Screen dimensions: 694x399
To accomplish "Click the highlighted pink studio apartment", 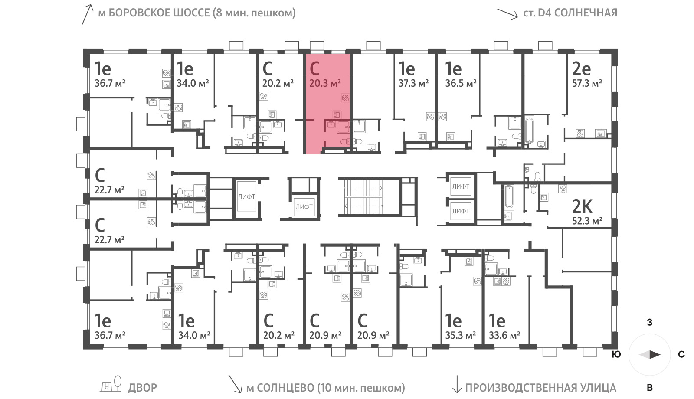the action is point(328,104).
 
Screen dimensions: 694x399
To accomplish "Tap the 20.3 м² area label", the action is point(325,83).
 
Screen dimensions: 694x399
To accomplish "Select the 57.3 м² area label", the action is point(587,83).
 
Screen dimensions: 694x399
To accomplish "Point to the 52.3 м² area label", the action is point(587,221).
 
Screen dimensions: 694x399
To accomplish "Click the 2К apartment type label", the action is point(582,206).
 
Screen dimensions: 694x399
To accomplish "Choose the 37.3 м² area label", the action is point(414,83).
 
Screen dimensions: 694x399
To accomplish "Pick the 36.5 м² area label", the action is point(461,83).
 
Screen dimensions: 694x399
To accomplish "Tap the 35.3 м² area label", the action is point(460,335).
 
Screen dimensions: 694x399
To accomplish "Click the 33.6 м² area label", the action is point(504,335).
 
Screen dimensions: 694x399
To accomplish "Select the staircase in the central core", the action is point(363,197).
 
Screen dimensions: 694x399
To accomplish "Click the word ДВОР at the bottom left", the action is point(143,388).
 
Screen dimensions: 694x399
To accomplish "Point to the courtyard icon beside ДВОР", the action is point(110,384).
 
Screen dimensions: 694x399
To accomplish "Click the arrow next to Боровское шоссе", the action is point(87,14).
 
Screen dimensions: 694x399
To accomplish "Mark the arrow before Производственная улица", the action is point(457,384).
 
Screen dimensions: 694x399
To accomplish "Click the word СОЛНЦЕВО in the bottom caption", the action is point(285,388).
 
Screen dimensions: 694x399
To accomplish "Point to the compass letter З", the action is point(650,323).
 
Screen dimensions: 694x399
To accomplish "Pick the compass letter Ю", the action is point(616,354).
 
